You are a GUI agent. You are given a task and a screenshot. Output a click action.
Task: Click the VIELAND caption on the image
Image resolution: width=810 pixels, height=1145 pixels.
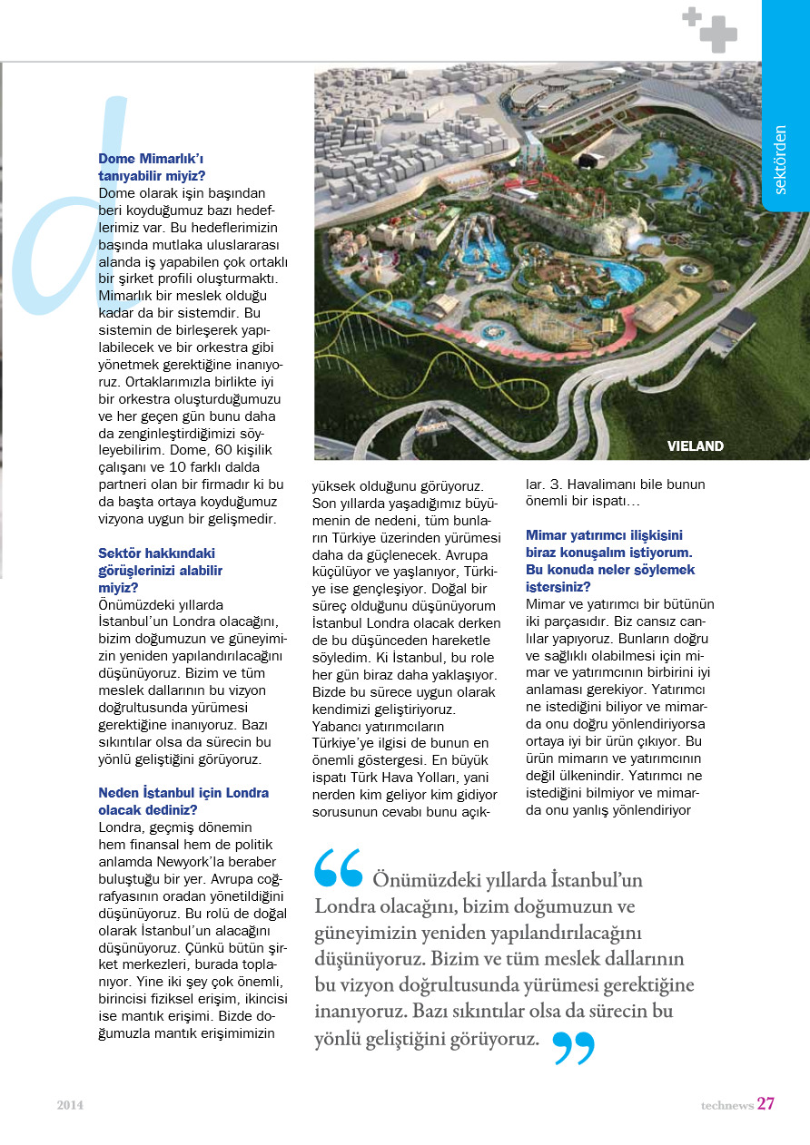coord(696,446)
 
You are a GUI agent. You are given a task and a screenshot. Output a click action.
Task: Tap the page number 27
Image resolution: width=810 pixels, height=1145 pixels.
coord(766,1104)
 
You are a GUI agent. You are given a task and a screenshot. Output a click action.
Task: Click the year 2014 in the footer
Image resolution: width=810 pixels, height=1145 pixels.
coord(70,1105)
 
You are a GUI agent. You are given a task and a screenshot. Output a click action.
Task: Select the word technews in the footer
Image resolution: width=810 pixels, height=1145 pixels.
coord(726,1105)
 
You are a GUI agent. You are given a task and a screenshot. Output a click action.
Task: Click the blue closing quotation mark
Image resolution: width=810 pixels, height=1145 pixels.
coord(573,1048)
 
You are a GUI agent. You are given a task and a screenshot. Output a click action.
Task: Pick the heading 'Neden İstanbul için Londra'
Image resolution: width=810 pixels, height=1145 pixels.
coord(183,792)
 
